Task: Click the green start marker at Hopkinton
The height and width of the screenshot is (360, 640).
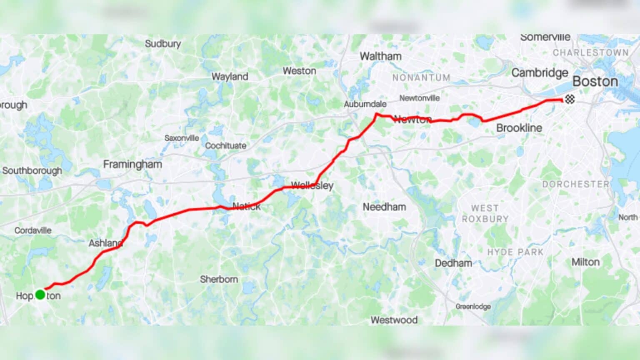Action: click(x=40, y=295)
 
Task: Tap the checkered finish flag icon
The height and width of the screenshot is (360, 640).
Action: click(x=570, y=99)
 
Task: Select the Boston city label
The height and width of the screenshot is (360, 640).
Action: click(x=595, y=81)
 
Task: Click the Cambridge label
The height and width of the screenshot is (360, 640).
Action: click(x=540, y=72)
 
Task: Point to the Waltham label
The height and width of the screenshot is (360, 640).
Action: click(x=380, y=56)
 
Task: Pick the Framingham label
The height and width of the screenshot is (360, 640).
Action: click(x=132, y=164)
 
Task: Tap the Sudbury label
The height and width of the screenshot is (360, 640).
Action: click(x=162, y=43)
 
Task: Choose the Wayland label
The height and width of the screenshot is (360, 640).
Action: click(x=230, y=76)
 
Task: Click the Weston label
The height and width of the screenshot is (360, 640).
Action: click(x=299, y=71)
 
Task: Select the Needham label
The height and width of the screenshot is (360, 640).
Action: click(x=384, y=207)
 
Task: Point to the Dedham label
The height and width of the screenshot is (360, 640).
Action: click(x=453, y=263)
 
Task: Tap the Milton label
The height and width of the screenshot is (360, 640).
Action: click(x=585, y=262)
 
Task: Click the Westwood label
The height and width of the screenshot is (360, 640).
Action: click(x=394, y=320)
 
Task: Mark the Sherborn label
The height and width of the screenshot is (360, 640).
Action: click(x=219, y=279)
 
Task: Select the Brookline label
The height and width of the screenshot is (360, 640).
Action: click(x=519, y=128)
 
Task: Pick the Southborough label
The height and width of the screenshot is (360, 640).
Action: click(x=32, y=170)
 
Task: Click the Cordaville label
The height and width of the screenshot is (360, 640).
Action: click(x=33, y=230)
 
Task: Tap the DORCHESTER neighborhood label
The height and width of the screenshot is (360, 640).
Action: click(x=575, y=184)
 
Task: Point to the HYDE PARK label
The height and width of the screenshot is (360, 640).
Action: click(x=515, y=252)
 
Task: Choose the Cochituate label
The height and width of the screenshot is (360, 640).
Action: click(x=225, y=145)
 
